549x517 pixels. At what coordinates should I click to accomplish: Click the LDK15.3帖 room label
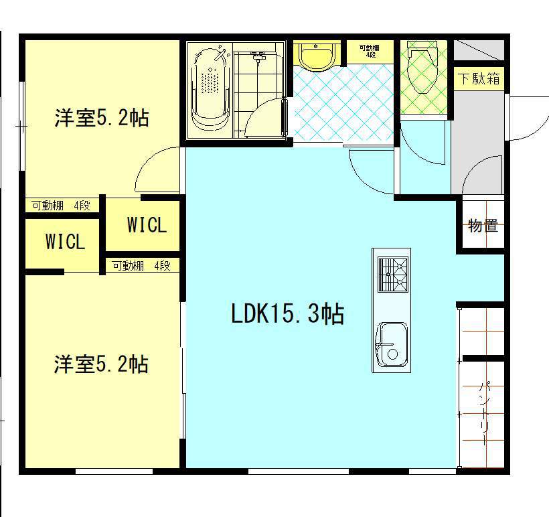(x=287, y=313)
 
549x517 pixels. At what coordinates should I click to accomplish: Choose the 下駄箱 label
(x=479, y=78)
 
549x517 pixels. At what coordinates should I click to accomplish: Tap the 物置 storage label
(x=482, y=226)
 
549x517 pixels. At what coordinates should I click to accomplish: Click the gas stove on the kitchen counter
(x=392, y=275)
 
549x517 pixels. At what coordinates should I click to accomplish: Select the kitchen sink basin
(x=391, y=344)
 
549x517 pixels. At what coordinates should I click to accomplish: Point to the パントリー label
(x=484, y=413)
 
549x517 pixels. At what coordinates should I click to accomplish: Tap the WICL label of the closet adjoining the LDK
(x=147, y=225)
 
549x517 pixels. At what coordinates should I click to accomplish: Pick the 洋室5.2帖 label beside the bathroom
(x=101, y=119)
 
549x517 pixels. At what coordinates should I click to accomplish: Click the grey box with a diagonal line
(x=478, y=50)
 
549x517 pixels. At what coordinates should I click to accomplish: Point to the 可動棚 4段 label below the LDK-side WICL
(x=141, y=266)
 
